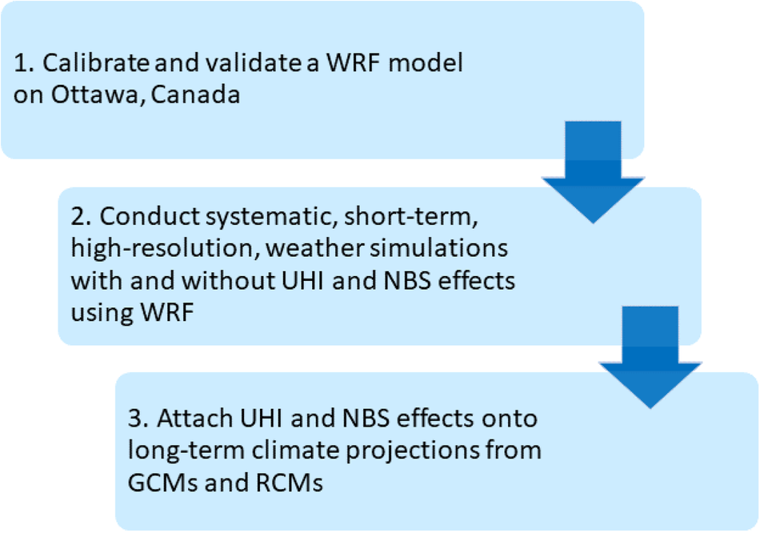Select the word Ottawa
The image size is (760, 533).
coord(96,94)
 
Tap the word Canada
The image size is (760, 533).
coord(195,94)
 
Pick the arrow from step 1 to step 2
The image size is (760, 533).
coord(593,172)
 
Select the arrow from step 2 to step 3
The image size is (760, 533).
coord(650,358)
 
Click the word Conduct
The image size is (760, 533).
coord(150,216)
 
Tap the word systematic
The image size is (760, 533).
coord(272,217)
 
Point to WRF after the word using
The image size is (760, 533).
coord(167,312)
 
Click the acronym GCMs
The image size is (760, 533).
coord(163,482)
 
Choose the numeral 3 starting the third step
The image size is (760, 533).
coord(134,418)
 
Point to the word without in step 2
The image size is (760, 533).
coord(228,280)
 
